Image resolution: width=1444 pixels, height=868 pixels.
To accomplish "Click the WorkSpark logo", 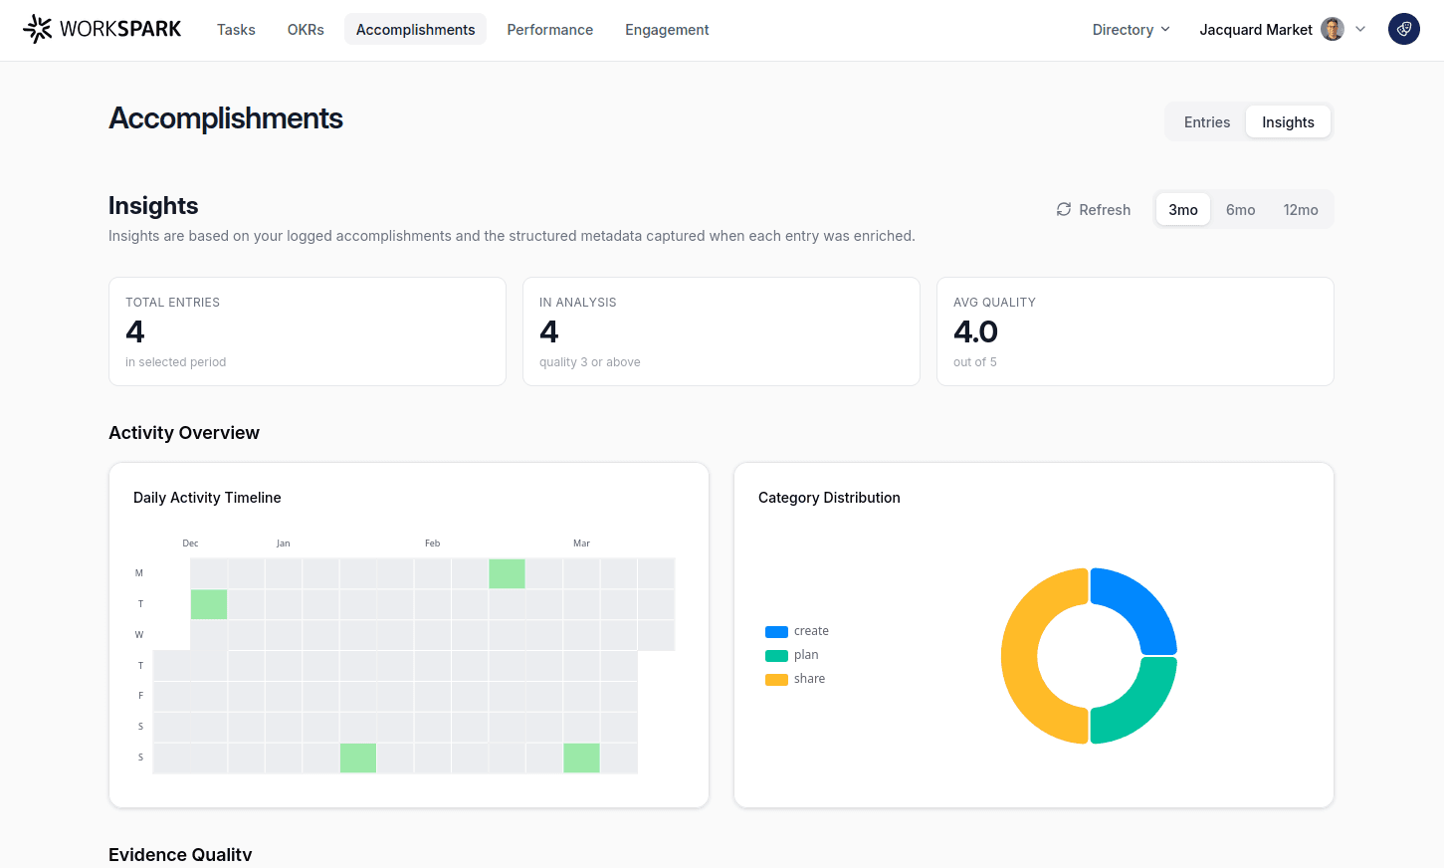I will point(102,29).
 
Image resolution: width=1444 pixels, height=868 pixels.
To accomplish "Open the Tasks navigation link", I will point(236,30).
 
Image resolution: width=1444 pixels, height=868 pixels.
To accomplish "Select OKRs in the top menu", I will point(306,30).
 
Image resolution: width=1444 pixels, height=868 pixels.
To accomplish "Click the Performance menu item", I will point(549,30).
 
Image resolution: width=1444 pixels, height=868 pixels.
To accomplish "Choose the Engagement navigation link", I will point(667,30).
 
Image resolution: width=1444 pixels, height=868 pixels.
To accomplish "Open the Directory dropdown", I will point(1131,30).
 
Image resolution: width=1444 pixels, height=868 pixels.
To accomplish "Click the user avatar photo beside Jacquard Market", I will point(1332,29).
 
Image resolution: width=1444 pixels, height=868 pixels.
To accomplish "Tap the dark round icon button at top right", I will point(1403,29).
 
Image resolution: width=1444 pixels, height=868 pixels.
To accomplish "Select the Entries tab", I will point(1206,122).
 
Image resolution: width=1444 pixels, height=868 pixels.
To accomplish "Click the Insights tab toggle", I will point(1288,122).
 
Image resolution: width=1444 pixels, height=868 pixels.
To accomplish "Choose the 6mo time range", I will point(1240,210).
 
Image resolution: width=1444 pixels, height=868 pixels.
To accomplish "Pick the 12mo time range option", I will point(1300,210).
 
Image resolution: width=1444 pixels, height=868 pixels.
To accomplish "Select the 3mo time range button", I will point(1182,210).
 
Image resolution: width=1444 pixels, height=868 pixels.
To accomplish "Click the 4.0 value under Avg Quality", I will point(975,331).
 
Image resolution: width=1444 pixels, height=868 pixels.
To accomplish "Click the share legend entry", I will point(808,679).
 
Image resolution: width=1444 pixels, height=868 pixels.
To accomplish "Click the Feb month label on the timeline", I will point(432,543).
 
